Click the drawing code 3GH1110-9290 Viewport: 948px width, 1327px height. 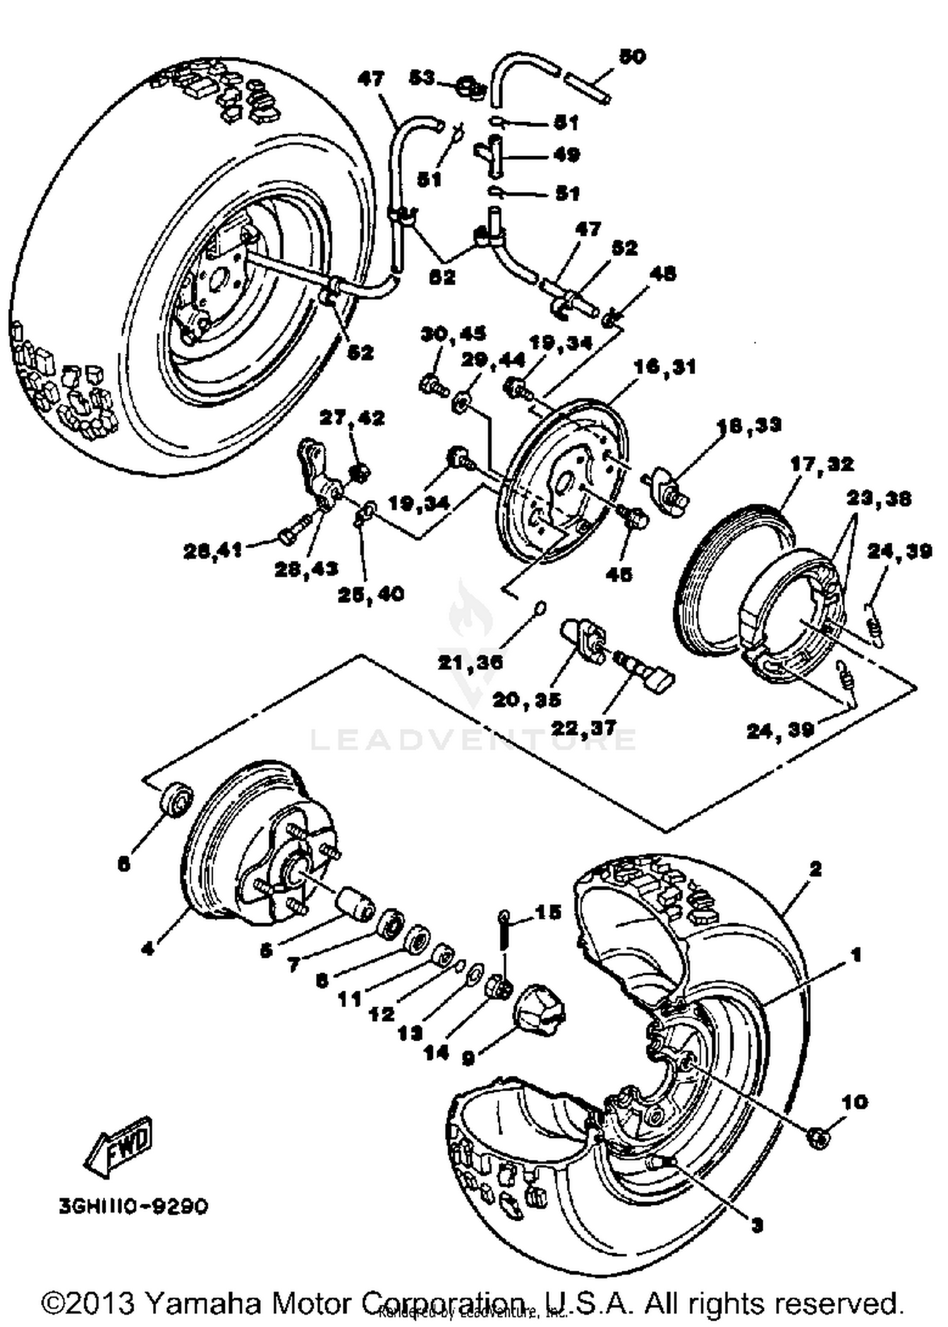point(133,1207)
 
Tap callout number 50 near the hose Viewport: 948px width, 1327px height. point(631,56)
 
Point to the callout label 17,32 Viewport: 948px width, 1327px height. point(822,464)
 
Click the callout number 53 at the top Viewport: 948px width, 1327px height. point(422,78)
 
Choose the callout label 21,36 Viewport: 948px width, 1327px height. point(470,661)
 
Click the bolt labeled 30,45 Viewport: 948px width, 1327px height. point(432,384)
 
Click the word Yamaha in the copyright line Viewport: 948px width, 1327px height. point(201,1302)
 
